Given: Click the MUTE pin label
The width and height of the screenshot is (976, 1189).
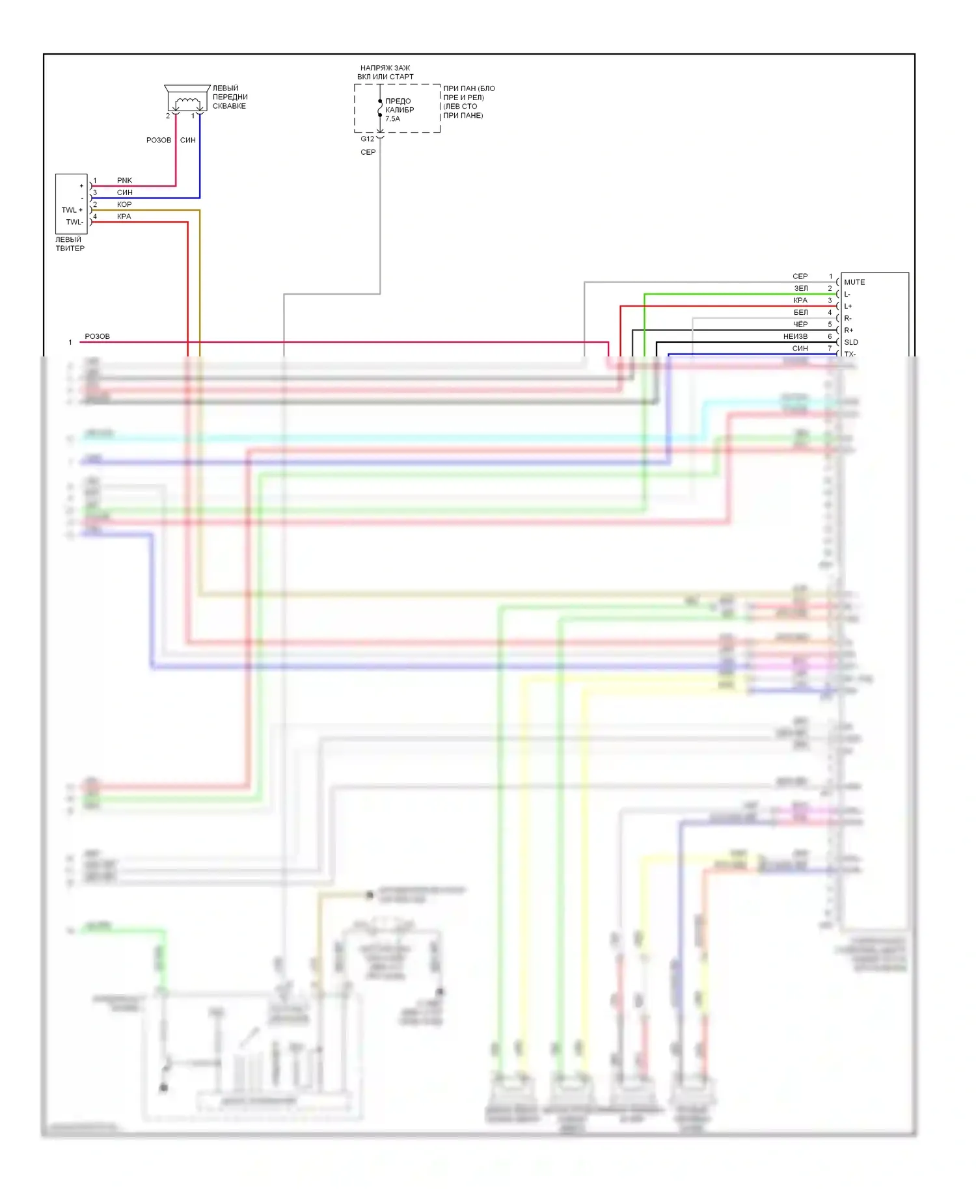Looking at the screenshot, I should (x=854, y=282).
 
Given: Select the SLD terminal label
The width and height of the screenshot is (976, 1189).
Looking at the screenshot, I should (x=850, y=342).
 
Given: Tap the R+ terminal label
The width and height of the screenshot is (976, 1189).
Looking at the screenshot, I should (x=848, y=330).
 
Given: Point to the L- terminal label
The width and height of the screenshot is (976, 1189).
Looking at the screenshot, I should (x=847, y=295).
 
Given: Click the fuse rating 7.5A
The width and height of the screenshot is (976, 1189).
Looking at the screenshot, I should (x=392, y=119).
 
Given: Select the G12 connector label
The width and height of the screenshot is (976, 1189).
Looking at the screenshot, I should (x=368, y=139).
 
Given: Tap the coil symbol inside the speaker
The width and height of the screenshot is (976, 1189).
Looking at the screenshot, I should (x=187, y=101).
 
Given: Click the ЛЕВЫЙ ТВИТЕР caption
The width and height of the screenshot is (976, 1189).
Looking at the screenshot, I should (x=70, y=244).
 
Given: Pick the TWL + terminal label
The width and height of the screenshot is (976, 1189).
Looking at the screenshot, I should (x=72, y=210).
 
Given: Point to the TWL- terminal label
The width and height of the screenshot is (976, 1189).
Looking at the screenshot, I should (x=74, y=222).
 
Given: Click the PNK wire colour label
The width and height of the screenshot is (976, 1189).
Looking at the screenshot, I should (x=124, y=180).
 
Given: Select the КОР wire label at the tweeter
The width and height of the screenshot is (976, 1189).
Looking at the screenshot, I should (x=124, y=204).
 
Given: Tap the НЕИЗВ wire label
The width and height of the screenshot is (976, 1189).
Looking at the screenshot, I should (x=795, y=336).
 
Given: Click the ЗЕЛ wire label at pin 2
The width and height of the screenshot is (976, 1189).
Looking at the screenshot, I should (x=800, y=288).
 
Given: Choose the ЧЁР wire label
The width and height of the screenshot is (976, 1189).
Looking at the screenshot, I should (x=800, y=325).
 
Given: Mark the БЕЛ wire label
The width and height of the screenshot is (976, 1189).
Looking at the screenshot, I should (x=800, y=312).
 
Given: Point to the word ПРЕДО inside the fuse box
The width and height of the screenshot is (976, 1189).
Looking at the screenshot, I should (x=398, y=101).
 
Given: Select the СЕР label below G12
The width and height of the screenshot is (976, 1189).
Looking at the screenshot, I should (x=368, y=152).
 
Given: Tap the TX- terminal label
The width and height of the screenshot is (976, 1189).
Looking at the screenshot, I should (x=850, y=354).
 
